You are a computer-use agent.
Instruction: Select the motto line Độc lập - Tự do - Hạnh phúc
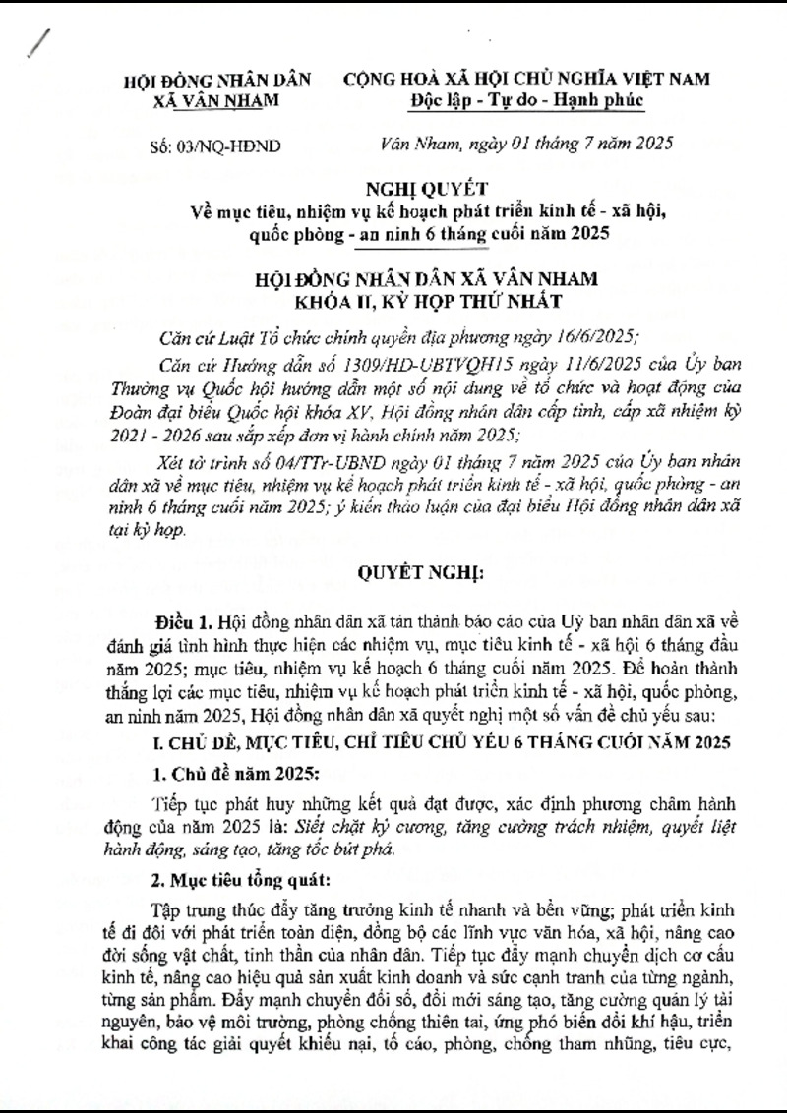point(526,100)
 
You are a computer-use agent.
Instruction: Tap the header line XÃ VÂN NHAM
point(217,100)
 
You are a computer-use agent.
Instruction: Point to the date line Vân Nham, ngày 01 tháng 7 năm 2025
point(525,145)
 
